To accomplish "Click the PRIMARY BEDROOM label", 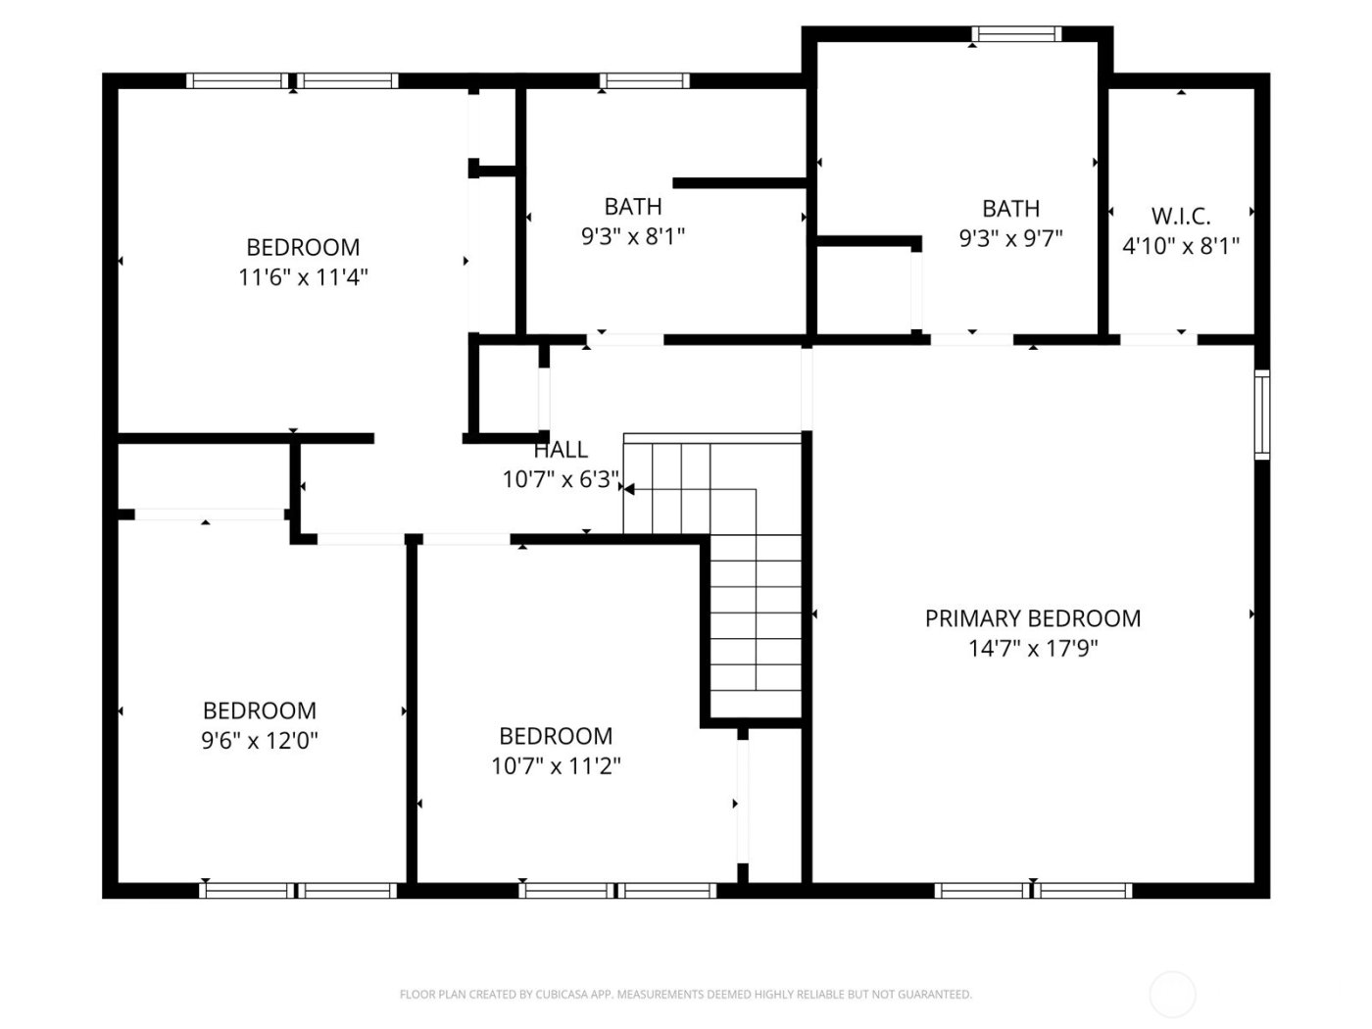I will [x=1033, y=618].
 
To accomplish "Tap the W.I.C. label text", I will [x=1180, y=216].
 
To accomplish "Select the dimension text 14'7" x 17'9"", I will [x=1033, y=648].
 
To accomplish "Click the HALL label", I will [x=561, y=450].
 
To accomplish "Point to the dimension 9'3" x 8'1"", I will [x=632, y=236].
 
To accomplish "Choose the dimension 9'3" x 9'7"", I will [x=1010, y=238].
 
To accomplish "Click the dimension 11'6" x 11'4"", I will [x=303, y=277].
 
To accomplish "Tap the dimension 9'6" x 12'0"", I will [x=260, y=740].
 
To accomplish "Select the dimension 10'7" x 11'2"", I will [x=556, y=765].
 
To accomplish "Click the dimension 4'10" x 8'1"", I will [x=1180, y=246].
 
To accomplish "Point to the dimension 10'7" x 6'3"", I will [x=561, y=479].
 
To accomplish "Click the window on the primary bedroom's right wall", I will [x=1262, y=414].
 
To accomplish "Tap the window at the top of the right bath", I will [x=1016, y=34].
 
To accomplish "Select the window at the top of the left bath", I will [x=644, y=81].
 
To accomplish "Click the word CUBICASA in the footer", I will [x=563, y=995].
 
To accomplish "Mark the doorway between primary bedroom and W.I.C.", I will [x=1158, y=340].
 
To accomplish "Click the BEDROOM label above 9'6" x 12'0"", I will [x=260, y=710].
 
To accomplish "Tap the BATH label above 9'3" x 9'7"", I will [x=1010, y=209].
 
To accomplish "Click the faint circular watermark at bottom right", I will [x=1172, y=995].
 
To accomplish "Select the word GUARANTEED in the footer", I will [x=935, y=995].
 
